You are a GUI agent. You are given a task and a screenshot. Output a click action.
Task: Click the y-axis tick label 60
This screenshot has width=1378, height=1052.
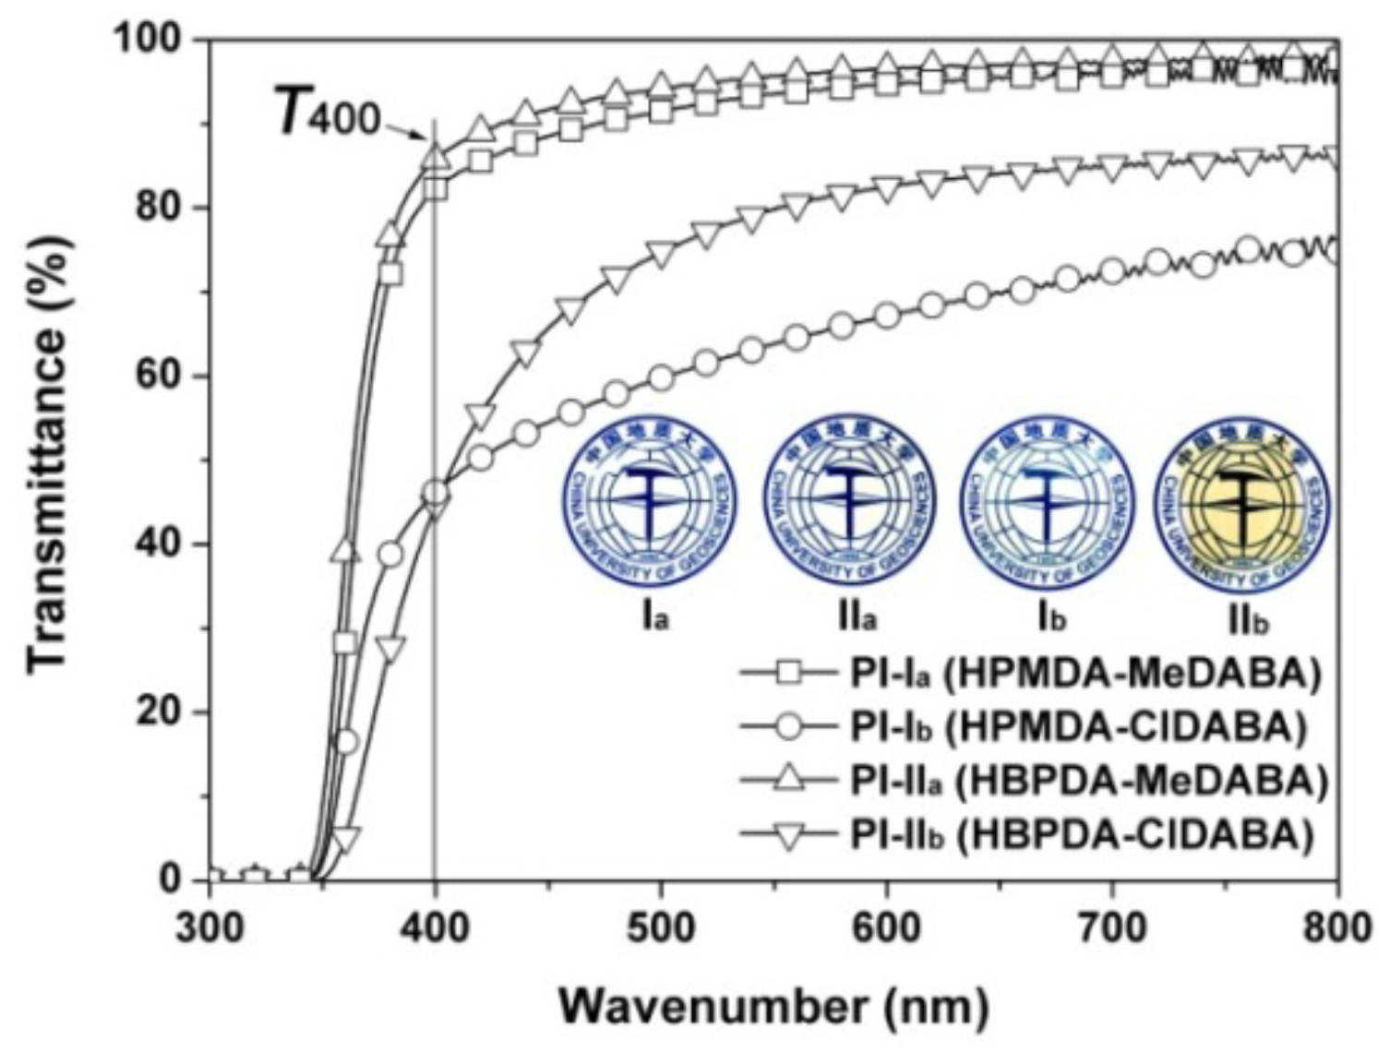click(161, 377)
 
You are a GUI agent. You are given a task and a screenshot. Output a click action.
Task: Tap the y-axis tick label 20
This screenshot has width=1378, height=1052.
click(161, 712)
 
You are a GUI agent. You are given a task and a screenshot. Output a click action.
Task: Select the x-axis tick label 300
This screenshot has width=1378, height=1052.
click(210, 926)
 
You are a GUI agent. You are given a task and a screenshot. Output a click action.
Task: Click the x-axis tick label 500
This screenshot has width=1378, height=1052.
click(661, 926)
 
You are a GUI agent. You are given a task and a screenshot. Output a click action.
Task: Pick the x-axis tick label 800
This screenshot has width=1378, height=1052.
click(1336, 926)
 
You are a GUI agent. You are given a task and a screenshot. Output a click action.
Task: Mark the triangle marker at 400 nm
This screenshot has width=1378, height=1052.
click(435, 157)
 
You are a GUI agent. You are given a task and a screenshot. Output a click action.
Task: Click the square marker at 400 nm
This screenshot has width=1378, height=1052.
click(435, 189)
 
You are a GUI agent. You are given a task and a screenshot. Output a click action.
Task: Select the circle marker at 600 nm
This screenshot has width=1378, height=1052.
click(886, 316)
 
